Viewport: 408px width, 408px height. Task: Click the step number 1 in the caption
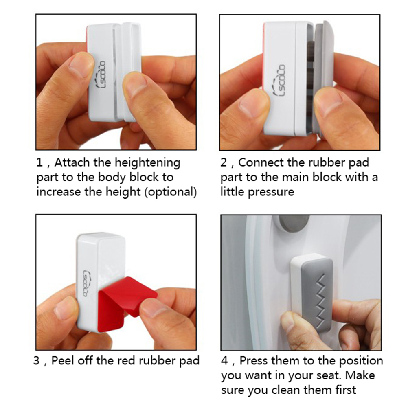click(39, 163)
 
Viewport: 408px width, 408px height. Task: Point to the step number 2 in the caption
click(224, 163)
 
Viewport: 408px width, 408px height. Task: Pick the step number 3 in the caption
click(37, 361)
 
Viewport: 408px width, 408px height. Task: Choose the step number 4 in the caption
click(224, 361)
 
